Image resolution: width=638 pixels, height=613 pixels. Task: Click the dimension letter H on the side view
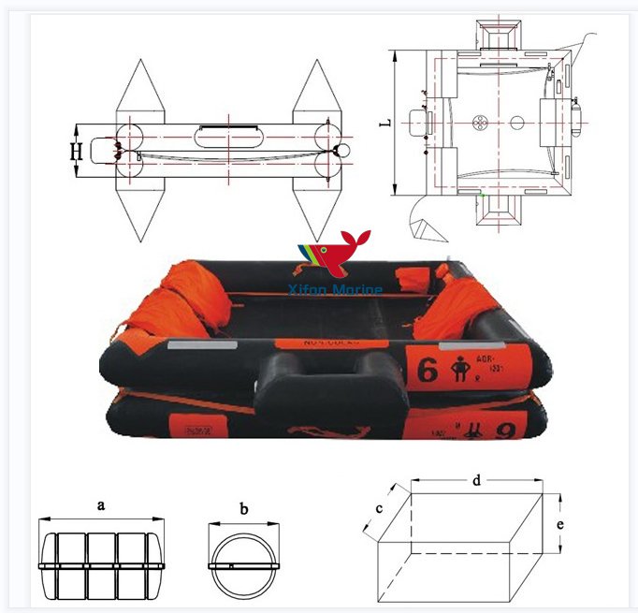[x=80, y=150]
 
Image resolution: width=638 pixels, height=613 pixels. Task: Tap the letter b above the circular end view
[x=243, y=510]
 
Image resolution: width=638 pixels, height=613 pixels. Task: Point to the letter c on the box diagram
[x=380, y=508]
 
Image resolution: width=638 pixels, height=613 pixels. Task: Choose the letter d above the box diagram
[x=476, y=481]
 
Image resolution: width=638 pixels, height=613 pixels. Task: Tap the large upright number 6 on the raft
[x=428, y=372]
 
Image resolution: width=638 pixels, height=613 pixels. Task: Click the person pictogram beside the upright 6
[x=458, y=368]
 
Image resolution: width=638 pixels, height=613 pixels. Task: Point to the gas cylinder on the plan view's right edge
[x=575, y=119]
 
